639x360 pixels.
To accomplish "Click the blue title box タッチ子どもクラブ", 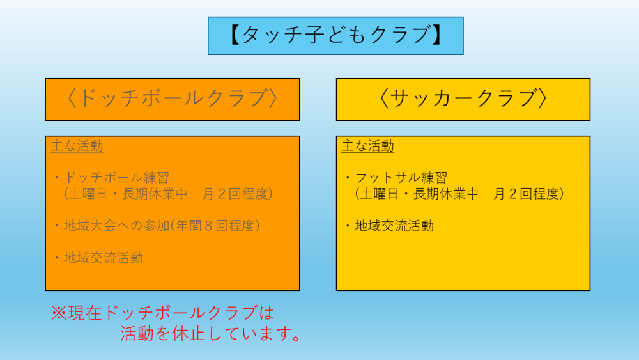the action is tap(335, 35).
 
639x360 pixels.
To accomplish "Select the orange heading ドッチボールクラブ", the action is tap(173, 100).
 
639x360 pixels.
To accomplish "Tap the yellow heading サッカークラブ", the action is tap(463, 100).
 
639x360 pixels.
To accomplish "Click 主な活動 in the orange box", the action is tap(77, 146).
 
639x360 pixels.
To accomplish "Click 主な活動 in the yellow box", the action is tap(367, 146).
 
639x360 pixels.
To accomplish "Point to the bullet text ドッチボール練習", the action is tap(116, 177).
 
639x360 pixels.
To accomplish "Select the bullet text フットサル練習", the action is tap(401, 177).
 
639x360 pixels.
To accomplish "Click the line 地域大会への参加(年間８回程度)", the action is tap(162, 226).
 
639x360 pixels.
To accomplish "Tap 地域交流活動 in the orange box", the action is tap(104, 258).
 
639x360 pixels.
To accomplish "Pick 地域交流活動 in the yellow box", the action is tap(394, 226).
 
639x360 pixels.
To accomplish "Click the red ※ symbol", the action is tap(59, 313).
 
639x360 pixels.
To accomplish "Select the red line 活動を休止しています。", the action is tap(211, 334).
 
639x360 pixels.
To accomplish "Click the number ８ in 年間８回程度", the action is tap(209, 226).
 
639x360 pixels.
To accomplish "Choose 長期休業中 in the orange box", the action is tap(155, 194).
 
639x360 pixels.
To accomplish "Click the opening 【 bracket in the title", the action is tap(235, 35).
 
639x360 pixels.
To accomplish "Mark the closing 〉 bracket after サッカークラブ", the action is tap(543, 98).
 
